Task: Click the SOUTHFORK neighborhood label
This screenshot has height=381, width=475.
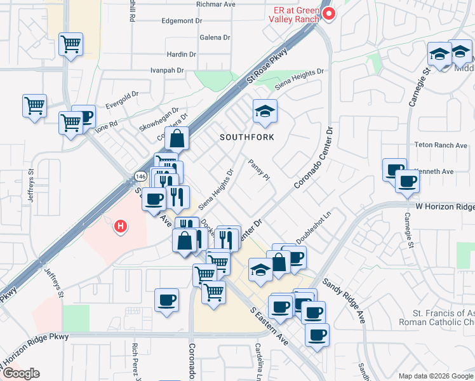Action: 247,137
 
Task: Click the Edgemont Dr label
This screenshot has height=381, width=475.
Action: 182,20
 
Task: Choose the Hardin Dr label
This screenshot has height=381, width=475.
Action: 181,55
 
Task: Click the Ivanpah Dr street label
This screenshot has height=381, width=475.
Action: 167,70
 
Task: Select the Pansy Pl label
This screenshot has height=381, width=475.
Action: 260,170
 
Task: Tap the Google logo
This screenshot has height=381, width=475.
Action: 21,373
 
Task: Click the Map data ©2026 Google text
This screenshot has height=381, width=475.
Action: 436,376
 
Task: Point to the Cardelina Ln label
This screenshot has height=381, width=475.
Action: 260,359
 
